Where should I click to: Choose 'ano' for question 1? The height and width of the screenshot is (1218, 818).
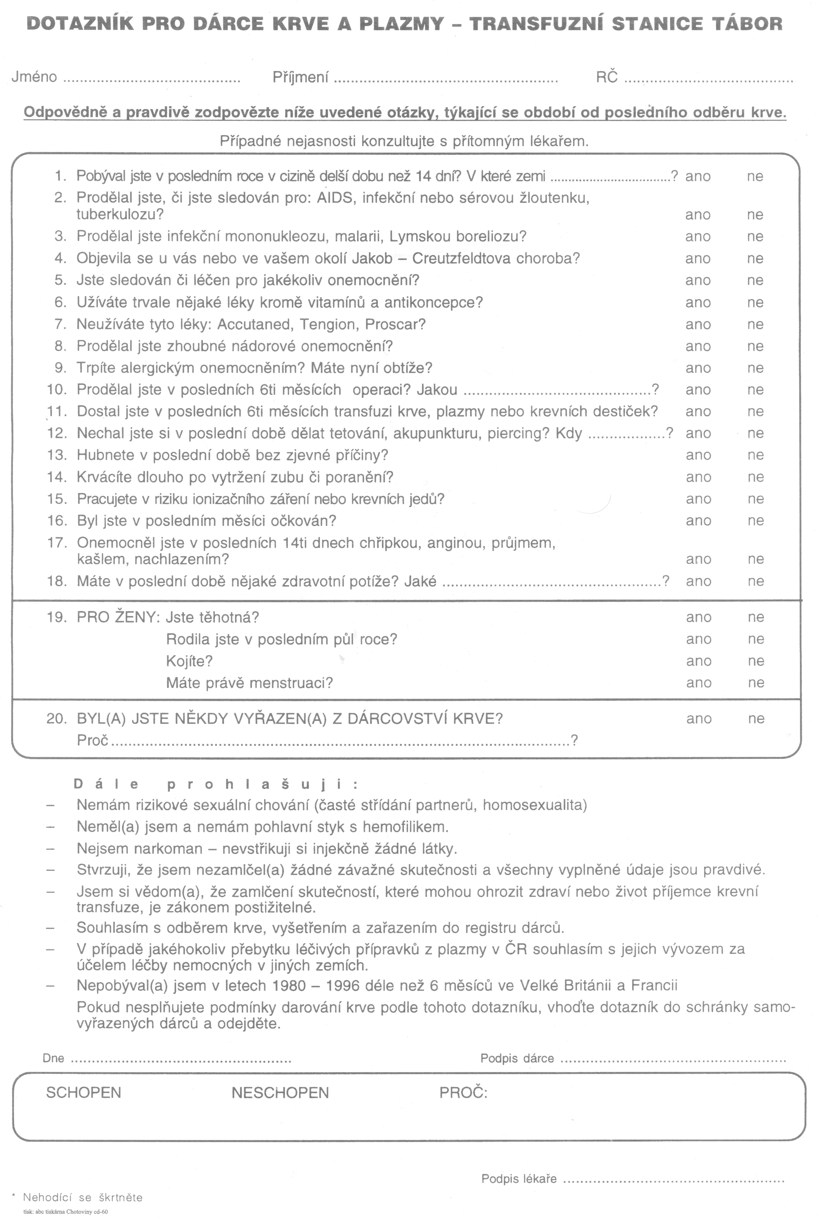tap(698, 177)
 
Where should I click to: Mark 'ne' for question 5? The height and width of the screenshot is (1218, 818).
tap(755, 280)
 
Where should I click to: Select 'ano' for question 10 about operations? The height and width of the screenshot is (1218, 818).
tap(698, 390)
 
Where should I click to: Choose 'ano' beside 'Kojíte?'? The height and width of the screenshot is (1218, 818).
tap(699, 661)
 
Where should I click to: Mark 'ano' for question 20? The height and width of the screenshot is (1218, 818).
tap(699, 719)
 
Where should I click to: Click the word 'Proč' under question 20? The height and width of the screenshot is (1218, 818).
tap(92, 740)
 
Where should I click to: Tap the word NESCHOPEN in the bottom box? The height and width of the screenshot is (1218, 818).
tap(280, 1093)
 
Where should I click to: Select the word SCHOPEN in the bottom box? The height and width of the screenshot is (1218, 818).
tap(84, 1093)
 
